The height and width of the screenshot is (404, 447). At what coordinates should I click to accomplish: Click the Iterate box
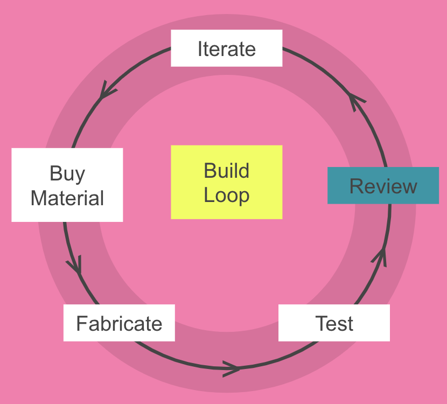click(226, 48)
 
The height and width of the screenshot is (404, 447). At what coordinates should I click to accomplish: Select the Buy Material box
click(67, 185)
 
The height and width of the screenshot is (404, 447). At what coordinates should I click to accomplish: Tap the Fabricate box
click(119, 323)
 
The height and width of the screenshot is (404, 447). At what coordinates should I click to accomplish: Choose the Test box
click(334, 323)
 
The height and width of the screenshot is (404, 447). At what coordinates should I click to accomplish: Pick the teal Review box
click(383, 185)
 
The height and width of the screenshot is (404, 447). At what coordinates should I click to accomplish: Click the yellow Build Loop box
click(226, 182)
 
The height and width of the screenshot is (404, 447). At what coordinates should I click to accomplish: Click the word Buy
click(67, 173)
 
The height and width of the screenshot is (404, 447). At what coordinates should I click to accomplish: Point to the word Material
click(67, 198)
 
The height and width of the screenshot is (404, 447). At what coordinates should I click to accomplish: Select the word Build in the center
click(226, 171)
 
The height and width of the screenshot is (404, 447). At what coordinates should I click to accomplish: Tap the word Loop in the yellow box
click(226, 194)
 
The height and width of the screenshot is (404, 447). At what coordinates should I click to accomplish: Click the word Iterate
click(226, 49)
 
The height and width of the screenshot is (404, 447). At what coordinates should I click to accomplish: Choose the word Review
click(383, 186)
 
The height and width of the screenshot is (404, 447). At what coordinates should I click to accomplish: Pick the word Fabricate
click(119, 324)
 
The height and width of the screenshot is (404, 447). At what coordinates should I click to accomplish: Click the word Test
click(334, 324)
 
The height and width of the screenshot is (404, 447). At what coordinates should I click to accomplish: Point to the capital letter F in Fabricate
click(81, 324)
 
